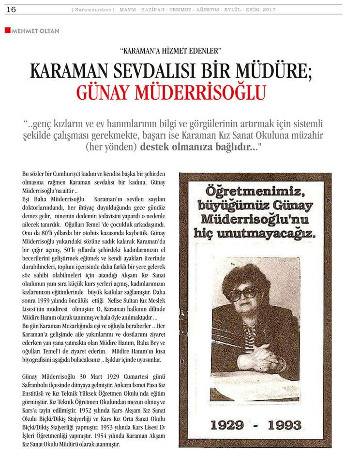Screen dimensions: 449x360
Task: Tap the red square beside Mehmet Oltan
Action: [7, 30]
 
